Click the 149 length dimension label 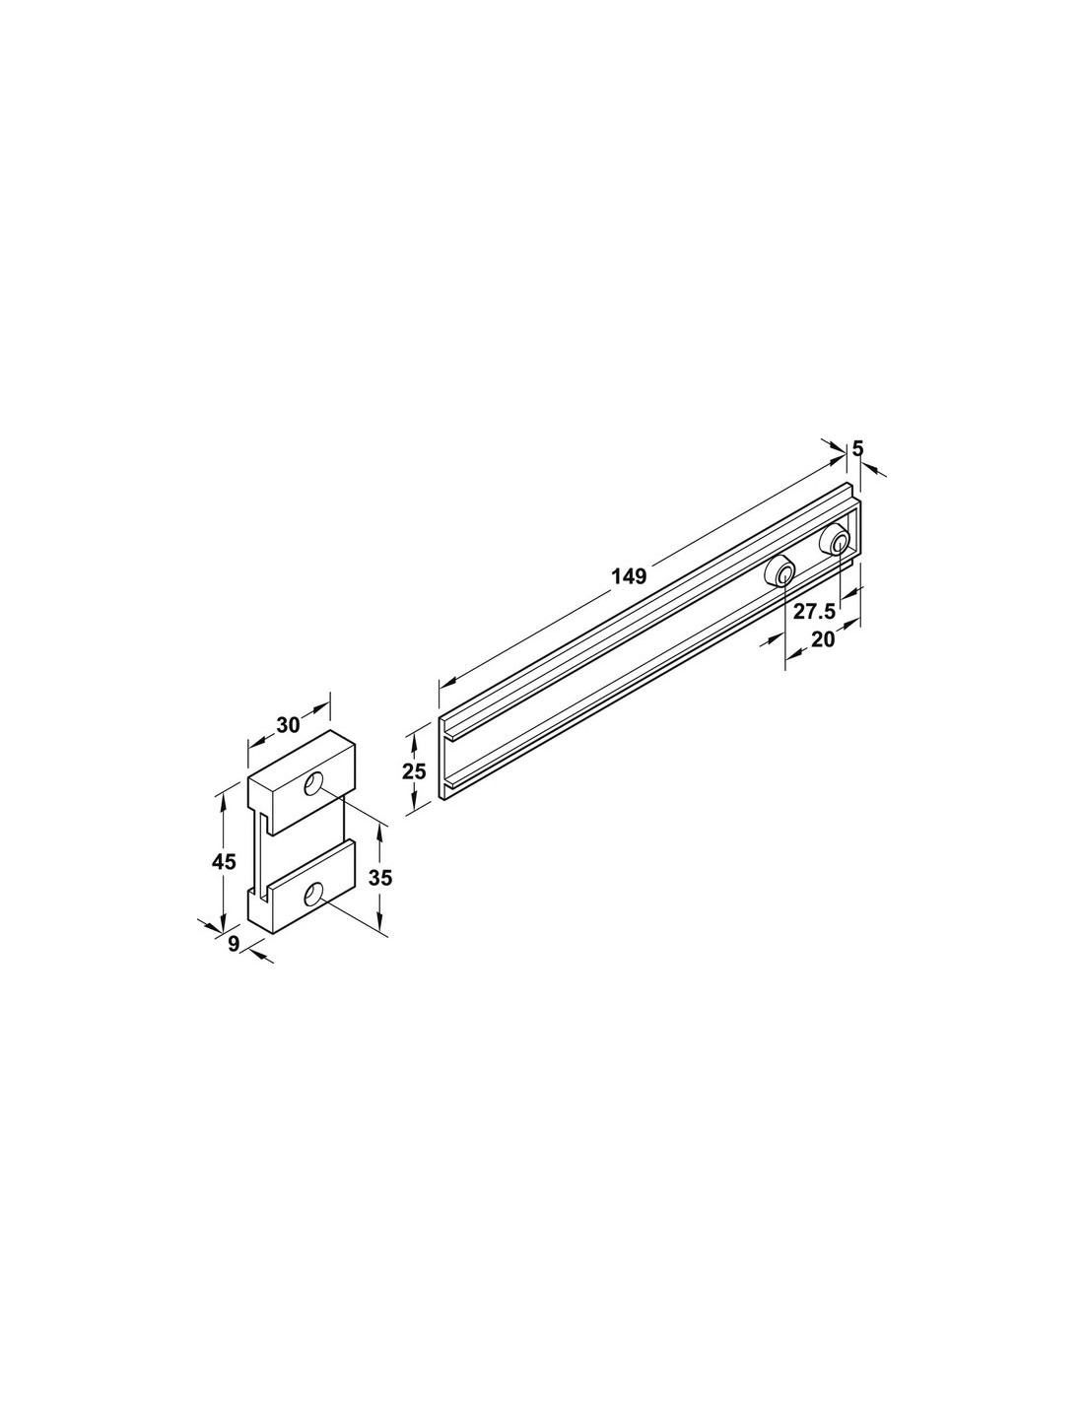pos(629,575)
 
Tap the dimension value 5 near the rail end pos(857,448)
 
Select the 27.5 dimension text pos(814,611)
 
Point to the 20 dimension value pos(823,639)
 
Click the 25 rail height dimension pos(414,770)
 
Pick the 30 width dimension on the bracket pos(289,725)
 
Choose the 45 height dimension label pos(225,861)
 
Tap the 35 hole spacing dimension pos(380,878)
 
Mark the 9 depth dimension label pos(234,943)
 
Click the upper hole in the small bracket pos(313,784)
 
